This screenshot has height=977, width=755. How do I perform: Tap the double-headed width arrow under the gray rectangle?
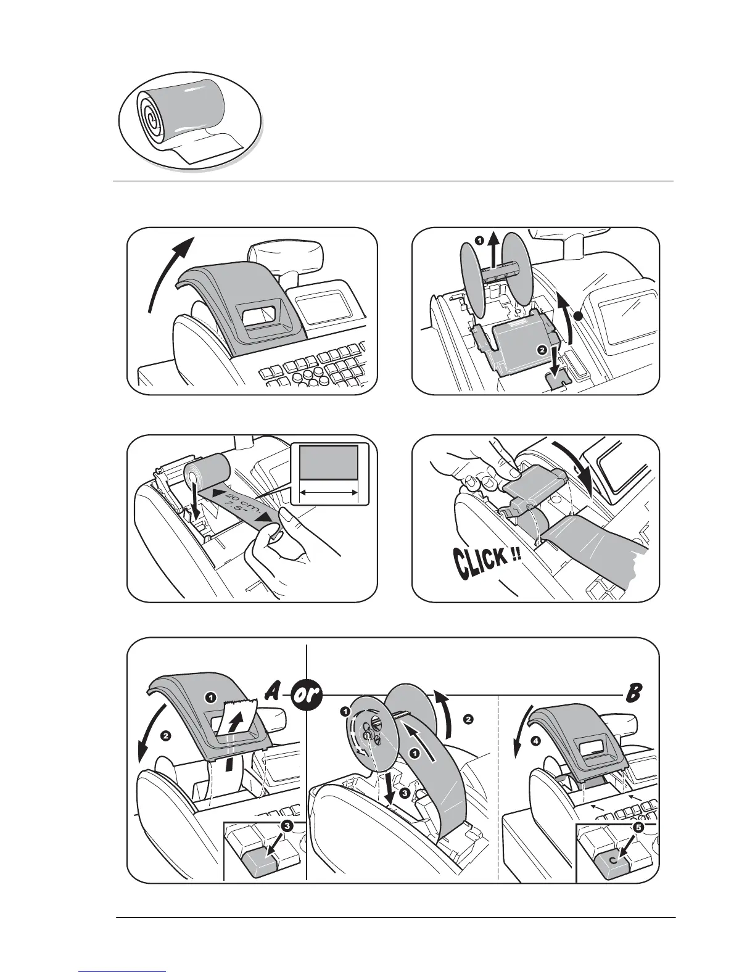[328, 492]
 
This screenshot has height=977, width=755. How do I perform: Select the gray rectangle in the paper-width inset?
[328, 461]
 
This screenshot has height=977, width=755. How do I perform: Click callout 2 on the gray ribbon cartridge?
[541, 350]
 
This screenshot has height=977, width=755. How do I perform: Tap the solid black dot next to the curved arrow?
[578, 316]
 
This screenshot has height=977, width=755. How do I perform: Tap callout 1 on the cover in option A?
[210, 697]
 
